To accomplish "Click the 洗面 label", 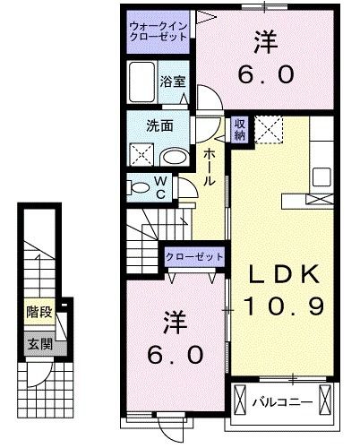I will [x=161, y=125].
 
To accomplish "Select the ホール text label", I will [x=208, y=167].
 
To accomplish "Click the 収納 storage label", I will [x=239, y=131].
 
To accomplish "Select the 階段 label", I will [x=36, y=314].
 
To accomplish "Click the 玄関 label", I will [x=36, y=343].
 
